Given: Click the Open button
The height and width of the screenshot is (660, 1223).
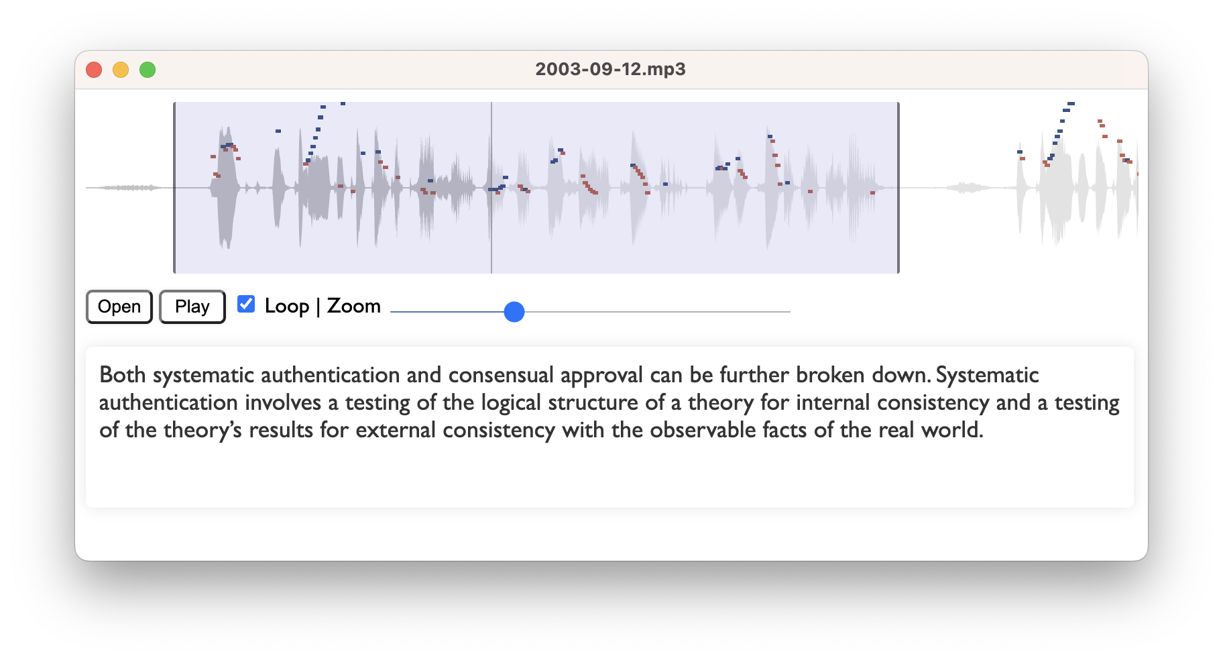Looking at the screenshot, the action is (119, 307).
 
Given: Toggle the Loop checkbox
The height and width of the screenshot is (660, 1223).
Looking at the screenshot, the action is (246, 304).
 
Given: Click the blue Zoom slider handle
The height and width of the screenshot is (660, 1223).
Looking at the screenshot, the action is (514, 311).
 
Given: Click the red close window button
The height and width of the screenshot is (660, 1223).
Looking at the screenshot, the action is (94, 70).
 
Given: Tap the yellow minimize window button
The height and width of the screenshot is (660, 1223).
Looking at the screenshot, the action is (121, 70).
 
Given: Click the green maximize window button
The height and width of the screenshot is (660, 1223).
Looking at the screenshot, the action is (148, 70).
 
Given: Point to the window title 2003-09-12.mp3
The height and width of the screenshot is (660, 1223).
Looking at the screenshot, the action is (610, 69).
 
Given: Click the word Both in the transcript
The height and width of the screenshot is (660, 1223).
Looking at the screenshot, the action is (123, 374).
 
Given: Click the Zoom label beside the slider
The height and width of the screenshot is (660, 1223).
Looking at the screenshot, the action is (354, 306).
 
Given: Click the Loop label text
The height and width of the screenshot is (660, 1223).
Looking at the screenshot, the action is (287, 306).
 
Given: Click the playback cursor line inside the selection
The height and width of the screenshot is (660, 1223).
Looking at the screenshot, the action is (491, 188).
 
